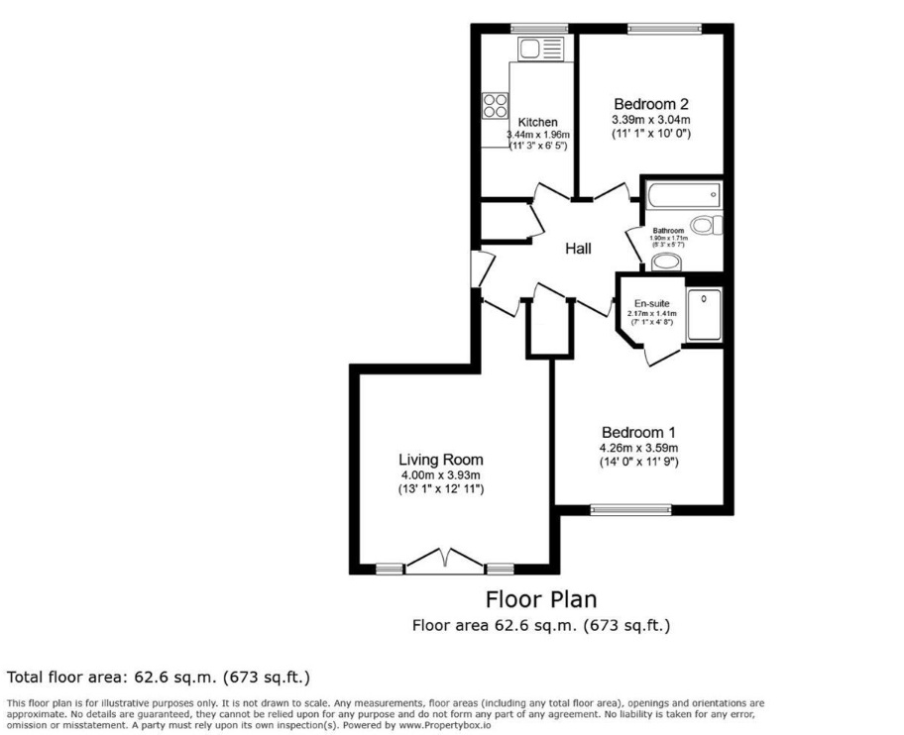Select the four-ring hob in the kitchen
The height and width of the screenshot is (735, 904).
click(x=495, y=105)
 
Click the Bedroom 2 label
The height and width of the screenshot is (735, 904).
click(x=650, y=104)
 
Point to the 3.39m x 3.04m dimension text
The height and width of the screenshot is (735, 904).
click(x=650, y=120)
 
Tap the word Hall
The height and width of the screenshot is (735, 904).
click(x=578, y=249)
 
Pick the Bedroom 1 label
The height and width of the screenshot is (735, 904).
click(x=638, y=433)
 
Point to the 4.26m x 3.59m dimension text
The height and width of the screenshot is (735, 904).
click(x=638, y=448)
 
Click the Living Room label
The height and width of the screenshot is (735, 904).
click(x=441, y=460)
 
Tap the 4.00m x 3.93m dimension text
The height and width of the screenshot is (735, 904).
click(x=441, y=475)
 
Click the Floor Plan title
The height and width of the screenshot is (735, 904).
click(x=540, y=599)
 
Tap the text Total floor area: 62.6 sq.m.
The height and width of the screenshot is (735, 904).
click(x=159, y=678)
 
